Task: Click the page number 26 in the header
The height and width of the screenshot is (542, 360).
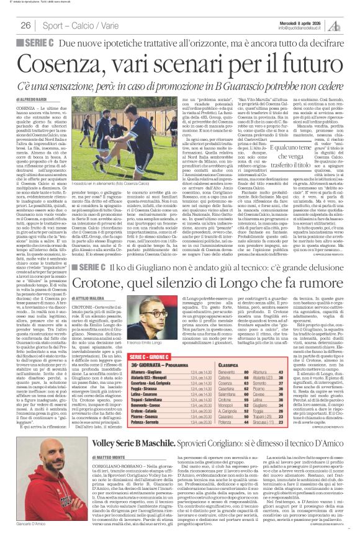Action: pyautogui.click(x=26, y=25)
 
